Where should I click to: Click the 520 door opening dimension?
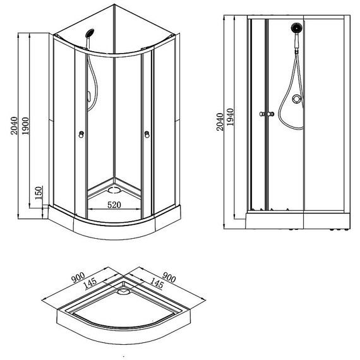(114, 205)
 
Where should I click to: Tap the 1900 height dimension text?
(25, 126)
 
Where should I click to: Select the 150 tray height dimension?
(39, 193)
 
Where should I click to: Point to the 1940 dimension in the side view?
(230, 117)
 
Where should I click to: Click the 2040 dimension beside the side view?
(220, 122)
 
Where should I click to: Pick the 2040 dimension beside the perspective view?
(14, 126)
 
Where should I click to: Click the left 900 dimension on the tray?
(78, 277)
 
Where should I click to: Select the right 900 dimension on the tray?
(169, 277)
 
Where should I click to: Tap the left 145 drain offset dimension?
(90, 284)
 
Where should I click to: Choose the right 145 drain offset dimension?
(157, 284)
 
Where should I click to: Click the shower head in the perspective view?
(90, 33)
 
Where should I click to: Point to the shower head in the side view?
(297, 28)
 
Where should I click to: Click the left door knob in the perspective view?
(81, 135)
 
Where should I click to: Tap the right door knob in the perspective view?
(147, 135)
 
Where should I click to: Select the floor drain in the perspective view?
(114, 190)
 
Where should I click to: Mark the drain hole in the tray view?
(124, 292)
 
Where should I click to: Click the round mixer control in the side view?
(296, 99)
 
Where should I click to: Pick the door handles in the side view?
(267, 114)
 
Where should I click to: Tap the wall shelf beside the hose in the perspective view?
(88, 98)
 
